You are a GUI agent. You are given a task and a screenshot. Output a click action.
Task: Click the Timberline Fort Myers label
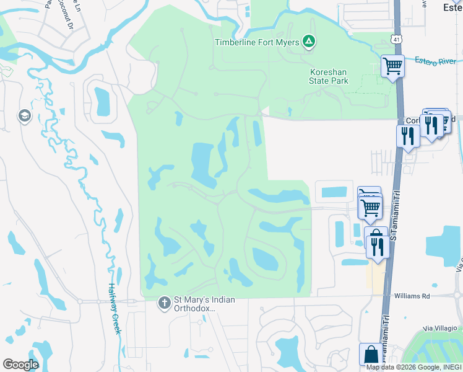click(257, 42)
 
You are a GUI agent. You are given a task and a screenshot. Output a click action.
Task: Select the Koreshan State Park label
click(329, 76)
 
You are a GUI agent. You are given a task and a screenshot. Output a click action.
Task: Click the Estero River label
click(435, 61)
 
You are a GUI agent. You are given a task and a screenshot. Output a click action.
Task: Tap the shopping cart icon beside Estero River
click(393, 65)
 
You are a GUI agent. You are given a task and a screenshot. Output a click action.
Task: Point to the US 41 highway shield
click(395, 39)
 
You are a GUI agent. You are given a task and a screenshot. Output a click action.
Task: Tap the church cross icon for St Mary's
click(164, 303)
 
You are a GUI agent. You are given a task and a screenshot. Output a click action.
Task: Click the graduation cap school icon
click(25, 117)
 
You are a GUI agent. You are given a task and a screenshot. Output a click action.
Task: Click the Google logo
click(20, 365)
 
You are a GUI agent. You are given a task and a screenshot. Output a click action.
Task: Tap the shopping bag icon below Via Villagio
click(371, 355)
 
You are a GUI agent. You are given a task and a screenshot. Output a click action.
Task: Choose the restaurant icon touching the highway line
click(408, 135)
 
